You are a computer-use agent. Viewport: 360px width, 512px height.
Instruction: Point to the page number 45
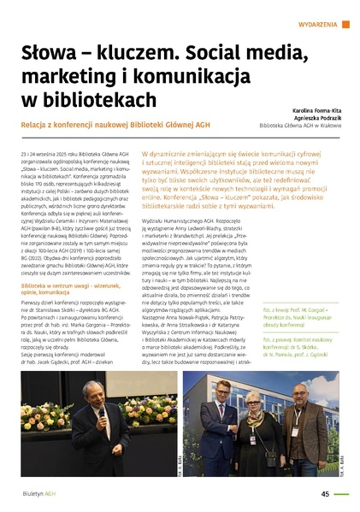click(x=325, y=493)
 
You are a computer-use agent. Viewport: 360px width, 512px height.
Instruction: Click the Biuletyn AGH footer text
click(x=40, y=494)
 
